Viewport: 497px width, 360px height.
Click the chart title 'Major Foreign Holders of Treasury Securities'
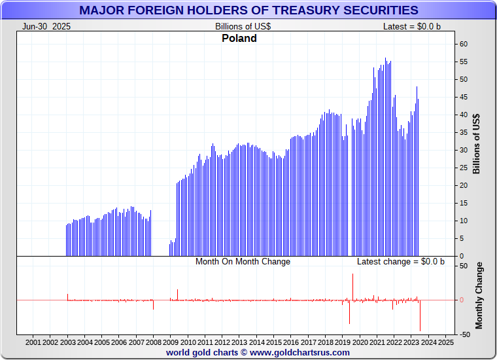tap(248, 10)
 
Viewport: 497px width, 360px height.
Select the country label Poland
tap(239, 38)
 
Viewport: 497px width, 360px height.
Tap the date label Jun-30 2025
tap(46, 26)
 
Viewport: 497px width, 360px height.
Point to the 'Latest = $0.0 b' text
tap(412, 26)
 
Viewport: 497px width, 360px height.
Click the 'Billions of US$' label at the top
tap(243, 26)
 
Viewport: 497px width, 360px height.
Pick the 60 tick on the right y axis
tap(463, 44)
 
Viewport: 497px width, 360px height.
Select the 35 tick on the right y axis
tap(463, 132)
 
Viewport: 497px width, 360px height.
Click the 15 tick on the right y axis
tap(463, 203)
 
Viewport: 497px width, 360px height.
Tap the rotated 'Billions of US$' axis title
tap(476, 143)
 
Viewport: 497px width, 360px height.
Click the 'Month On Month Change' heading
tap(243, 262)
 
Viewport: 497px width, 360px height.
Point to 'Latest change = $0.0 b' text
tap(400, 262)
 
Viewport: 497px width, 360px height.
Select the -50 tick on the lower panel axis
tap(462, 334)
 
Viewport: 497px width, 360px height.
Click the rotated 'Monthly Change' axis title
tap(479, 295)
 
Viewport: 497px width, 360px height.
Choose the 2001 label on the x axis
tap(33, 342)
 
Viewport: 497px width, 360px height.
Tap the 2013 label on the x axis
tap(239, 342)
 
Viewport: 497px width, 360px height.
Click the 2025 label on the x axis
tap(445, 342)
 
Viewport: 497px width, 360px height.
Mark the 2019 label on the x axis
tap(343, 342)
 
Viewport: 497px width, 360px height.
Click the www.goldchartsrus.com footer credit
tap(258, 352)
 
